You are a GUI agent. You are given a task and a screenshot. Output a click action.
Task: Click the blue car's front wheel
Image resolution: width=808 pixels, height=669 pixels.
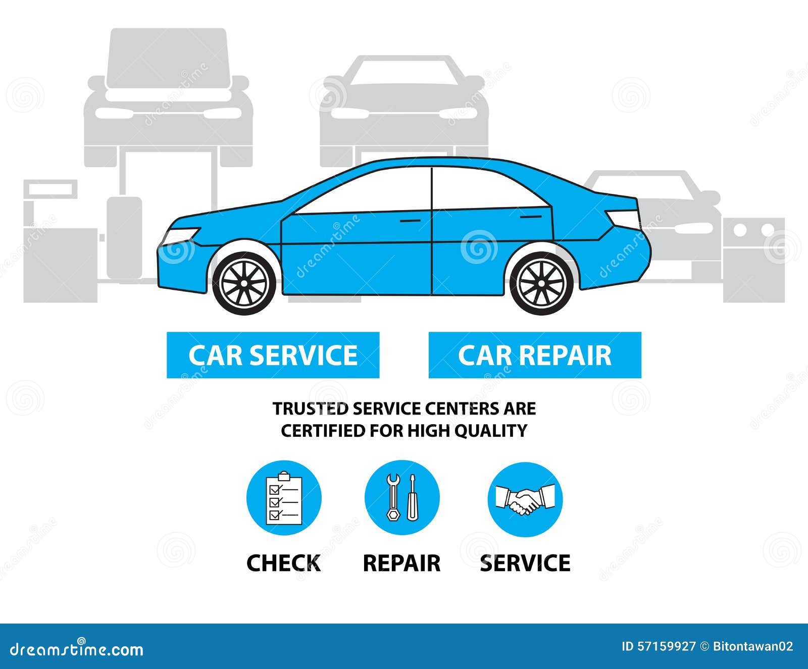(x=244, y=282)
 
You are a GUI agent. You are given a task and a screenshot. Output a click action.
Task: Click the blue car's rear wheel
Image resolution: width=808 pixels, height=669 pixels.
(x=541, y=282)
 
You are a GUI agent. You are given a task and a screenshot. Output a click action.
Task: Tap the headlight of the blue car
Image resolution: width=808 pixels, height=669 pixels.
(x=180, y=235)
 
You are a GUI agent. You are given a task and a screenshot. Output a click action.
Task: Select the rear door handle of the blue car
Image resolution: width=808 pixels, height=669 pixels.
(x=530, y=217)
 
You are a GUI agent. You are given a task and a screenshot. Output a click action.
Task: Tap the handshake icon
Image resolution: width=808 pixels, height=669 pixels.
(x=525, y=499)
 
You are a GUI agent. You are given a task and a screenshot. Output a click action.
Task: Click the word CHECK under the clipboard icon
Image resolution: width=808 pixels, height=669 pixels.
(x=283, y=563)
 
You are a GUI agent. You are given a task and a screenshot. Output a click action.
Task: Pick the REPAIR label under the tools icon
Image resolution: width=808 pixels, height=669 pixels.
(x=401, y=563)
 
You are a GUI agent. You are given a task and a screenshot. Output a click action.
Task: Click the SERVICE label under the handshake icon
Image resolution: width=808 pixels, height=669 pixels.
(x=525, y=563)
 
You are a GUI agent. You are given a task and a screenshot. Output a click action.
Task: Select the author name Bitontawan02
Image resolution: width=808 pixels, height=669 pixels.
(x=753, y=646)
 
